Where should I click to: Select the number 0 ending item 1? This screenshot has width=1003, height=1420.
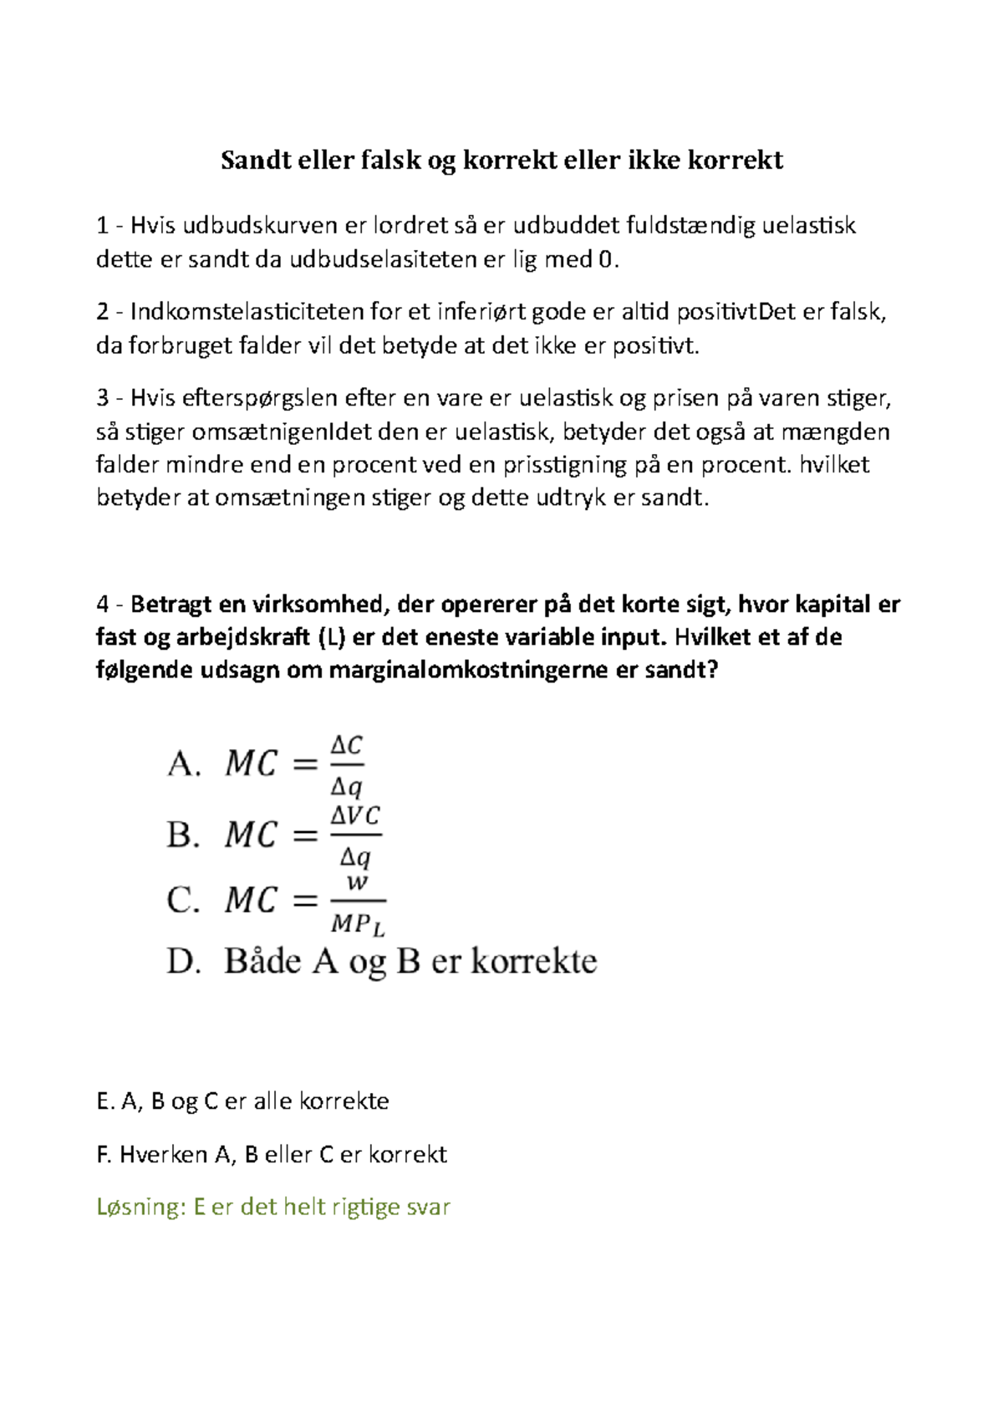tap(605, 260)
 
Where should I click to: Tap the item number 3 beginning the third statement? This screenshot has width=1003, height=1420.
tap(102, 398)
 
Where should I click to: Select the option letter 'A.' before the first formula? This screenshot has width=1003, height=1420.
tap(184, 764)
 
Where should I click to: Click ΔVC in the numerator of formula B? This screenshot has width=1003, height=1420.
tap(355, 815)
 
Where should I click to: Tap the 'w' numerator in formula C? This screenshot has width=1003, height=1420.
tap(357, 882)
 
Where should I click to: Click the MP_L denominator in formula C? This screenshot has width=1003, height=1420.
tap(358, 924)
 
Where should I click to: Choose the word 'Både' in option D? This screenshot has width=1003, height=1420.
tap(262, 961)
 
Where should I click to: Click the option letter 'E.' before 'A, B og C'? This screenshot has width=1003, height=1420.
tap(104, 1101)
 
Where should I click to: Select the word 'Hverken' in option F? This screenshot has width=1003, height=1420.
tap(164, 1155)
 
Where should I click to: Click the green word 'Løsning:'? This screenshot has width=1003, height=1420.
tap(140, 1207)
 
